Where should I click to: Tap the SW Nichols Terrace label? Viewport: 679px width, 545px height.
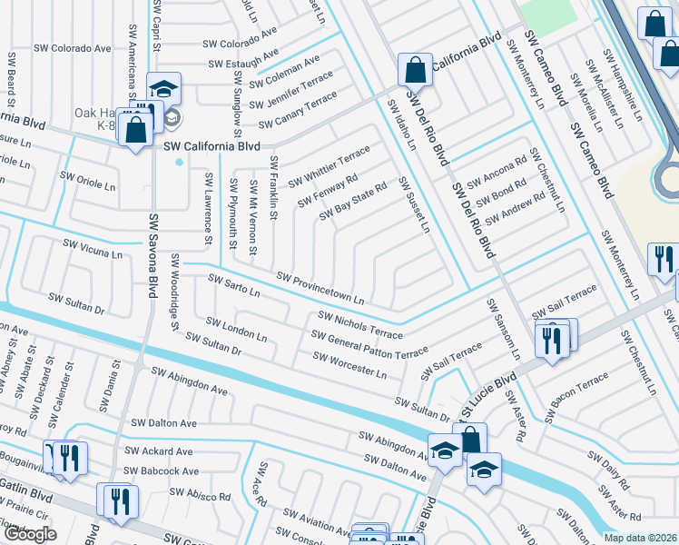[359, 324]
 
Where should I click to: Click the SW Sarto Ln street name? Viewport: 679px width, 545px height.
[234, 286]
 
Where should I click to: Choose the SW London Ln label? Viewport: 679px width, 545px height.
[236, 330]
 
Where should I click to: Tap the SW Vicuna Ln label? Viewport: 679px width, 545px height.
[92, 249]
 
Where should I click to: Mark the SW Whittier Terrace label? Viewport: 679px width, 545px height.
[330, 166]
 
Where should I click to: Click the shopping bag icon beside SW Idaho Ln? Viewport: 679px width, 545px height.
[414, 70]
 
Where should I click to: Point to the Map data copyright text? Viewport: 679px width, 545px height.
[641, 538]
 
